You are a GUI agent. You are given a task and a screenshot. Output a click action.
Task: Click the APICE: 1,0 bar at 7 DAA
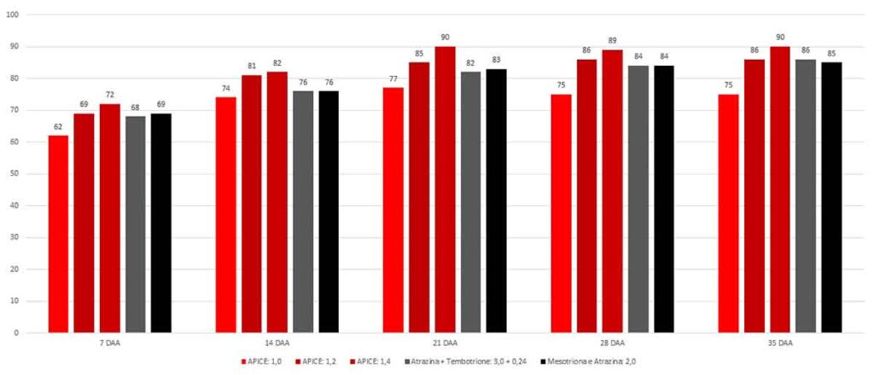(x=58, y=234)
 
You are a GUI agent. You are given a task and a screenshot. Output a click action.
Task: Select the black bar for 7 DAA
(x=161, y=223)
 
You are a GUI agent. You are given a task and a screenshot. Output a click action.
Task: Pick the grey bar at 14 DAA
(x=303, y=212)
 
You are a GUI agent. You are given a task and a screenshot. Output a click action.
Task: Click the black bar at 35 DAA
(x=831, y=197)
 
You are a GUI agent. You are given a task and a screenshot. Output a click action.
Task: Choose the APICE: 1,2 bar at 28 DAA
(x=586, y=196)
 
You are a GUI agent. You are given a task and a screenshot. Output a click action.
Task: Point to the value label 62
(x=58, y=127)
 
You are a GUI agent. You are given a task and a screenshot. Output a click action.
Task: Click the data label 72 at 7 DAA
(x=109, y=96)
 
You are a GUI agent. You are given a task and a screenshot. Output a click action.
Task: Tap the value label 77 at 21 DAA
(x=393, y=79)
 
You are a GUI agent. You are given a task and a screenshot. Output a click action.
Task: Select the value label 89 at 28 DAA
(x=612, y=41)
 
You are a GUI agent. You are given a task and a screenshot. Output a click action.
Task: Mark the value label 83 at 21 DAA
(x=496, y=61)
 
